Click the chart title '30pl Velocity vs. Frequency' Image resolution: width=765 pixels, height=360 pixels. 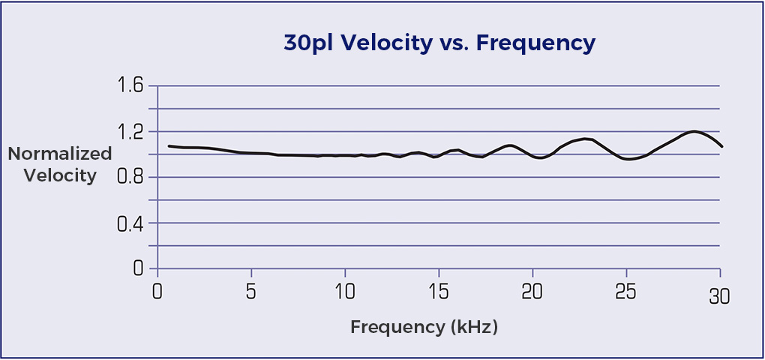(x=439, y=43)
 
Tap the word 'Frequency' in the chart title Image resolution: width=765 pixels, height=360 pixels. (x=535, y=43)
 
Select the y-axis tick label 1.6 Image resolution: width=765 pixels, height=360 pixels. (x=130, y=85)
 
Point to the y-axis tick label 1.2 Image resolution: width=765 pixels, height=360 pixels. (x=130, y=132)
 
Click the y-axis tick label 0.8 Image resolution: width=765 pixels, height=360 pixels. (x=130, y=178)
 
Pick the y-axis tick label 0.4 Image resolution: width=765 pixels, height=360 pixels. (x=130, y=223)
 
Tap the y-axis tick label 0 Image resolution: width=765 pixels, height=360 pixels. (x=138, y=268)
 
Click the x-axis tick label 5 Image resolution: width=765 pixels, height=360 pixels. (x=251, y=290)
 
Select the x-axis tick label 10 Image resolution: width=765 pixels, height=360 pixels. (x=345, y=290)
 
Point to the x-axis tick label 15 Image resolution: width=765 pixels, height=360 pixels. (x=439, y=290)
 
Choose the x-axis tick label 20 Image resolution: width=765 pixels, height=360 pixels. (x=532, y=290)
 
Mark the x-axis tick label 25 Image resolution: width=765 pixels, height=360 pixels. (x=626, y=290)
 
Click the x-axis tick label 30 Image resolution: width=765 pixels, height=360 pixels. (x=720, y=298)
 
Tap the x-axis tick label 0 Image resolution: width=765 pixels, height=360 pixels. (x=157, y=290)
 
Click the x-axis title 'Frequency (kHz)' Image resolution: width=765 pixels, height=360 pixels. (x=424, y=327)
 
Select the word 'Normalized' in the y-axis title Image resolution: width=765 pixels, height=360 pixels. (x=60, y=154)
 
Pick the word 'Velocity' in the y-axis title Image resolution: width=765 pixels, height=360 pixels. (x=60, y=176)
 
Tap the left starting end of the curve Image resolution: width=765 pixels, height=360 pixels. (x=169, y=145)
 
